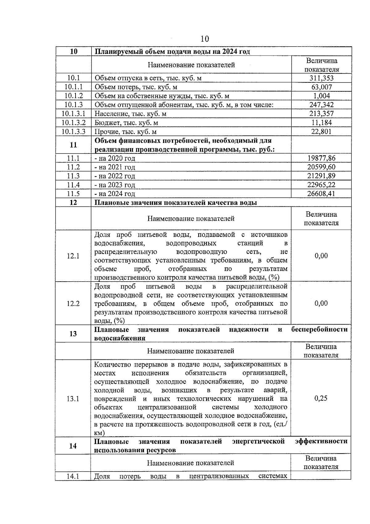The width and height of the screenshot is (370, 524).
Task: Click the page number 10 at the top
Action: [204, 39]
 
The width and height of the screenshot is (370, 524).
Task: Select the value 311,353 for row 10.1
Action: [321, 78]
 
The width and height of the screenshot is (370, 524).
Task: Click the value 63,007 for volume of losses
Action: [321, 87]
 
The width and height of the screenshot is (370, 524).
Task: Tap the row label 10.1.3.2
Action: [73, 123]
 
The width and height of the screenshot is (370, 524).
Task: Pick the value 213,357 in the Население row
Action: [321, 114]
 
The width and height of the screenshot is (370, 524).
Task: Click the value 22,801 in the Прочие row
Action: [321, 132]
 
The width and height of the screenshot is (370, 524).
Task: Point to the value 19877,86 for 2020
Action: [321, 158]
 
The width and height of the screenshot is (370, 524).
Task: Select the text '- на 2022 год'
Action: [115, 176]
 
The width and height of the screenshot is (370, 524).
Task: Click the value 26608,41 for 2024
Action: [321, 194]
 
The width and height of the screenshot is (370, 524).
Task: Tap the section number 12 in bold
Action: [73, 203]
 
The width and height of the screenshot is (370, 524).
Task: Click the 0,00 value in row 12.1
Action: [321, 256]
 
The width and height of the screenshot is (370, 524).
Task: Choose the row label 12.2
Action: [73, 304]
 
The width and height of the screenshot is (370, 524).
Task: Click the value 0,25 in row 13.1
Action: [321, 398]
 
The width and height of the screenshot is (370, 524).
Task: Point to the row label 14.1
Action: [73, 476]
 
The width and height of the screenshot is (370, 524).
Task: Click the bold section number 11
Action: [73, 145]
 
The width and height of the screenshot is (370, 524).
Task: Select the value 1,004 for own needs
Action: [321, 96]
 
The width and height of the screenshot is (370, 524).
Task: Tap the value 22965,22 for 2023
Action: [321, 185]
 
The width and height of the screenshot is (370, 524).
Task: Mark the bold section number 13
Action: [73, 334]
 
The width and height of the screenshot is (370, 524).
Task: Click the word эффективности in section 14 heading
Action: [321, 442]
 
